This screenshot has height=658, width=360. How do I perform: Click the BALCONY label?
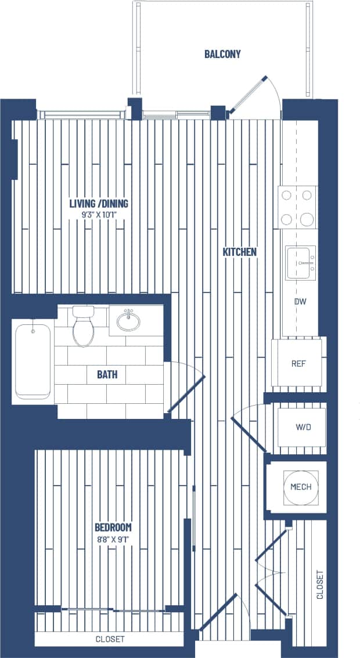coord(222,55)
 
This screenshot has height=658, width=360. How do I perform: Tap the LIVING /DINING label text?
coord(99,204)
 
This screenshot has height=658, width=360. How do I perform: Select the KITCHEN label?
coord(239,252)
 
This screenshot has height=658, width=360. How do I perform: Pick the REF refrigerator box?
coord(298,363)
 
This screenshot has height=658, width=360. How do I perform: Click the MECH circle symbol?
coord(300,486)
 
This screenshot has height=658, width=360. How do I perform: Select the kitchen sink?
coord(300,263)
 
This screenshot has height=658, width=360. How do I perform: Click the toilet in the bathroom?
coord(84,328)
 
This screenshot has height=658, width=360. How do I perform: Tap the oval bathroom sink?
coord(128,320)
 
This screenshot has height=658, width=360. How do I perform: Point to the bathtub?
coord(33,361)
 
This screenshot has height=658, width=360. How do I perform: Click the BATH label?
coord(107,374)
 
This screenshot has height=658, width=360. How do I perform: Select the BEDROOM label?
coord(113,527)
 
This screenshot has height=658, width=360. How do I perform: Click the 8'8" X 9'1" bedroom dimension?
coord(113,538)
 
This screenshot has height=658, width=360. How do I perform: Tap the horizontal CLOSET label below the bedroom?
coord(110,639)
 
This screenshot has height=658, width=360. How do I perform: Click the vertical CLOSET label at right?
coord(320,585)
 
